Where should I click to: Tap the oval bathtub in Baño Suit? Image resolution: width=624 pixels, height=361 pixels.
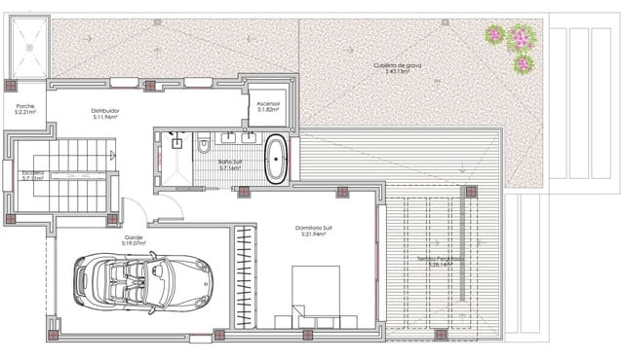coord(276,160)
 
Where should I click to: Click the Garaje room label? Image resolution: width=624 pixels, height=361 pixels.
coord(134,236)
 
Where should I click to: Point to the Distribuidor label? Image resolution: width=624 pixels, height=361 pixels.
coord(105,110)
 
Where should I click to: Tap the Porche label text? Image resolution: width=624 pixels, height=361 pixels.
coord(24,105)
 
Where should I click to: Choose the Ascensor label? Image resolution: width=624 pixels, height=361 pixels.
coord(268,103)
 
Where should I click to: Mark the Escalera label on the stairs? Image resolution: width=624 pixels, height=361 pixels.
coord(33,172)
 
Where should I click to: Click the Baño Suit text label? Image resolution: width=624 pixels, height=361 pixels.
coord(230,162)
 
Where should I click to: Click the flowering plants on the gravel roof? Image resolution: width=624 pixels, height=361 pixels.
coord(513,46)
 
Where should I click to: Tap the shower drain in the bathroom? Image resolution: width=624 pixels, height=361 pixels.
coord(177,143)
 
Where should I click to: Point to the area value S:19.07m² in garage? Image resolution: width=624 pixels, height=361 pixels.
coord(134,243)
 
